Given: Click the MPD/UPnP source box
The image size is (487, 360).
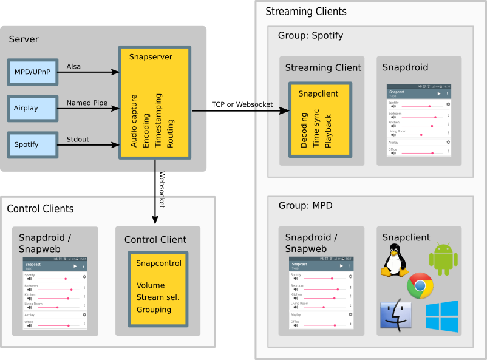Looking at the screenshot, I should coord(33,72).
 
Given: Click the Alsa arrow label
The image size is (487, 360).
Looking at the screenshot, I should coord(73,66).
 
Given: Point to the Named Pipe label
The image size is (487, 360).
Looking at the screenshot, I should coord(87,103).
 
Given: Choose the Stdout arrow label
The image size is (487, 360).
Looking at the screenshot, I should coord(78,139).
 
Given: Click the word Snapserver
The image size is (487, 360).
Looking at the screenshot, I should coord(151,57).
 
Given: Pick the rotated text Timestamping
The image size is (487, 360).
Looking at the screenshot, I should coord(158,120).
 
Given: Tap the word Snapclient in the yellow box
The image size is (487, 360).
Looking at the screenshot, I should coord(318,93).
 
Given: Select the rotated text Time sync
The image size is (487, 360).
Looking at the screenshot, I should coord(316,130).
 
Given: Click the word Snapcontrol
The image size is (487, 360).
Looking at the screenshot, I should coord(158,263).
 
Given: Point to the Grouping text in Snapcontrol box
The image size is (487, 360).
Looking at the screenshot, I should coord(154,310).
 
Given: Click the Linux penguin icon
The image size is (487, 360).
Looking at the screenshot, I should coord(395,260).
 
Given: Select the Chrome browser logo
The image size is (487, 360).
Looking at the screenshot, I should coord(420,286).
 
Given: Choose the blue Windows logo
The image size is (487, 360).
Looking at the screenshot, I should coord(442,316).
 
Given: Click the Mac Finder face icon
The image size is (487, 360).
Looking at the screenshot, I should coord(395,315).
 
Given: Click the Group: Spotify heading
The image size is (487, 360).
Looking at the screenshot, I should coord(310,35).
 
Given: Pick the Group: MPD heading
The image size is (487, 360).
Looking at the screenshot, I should coord(305,205).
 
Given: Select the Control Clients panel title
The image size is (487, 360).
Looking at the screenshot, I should coord(40,209).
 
